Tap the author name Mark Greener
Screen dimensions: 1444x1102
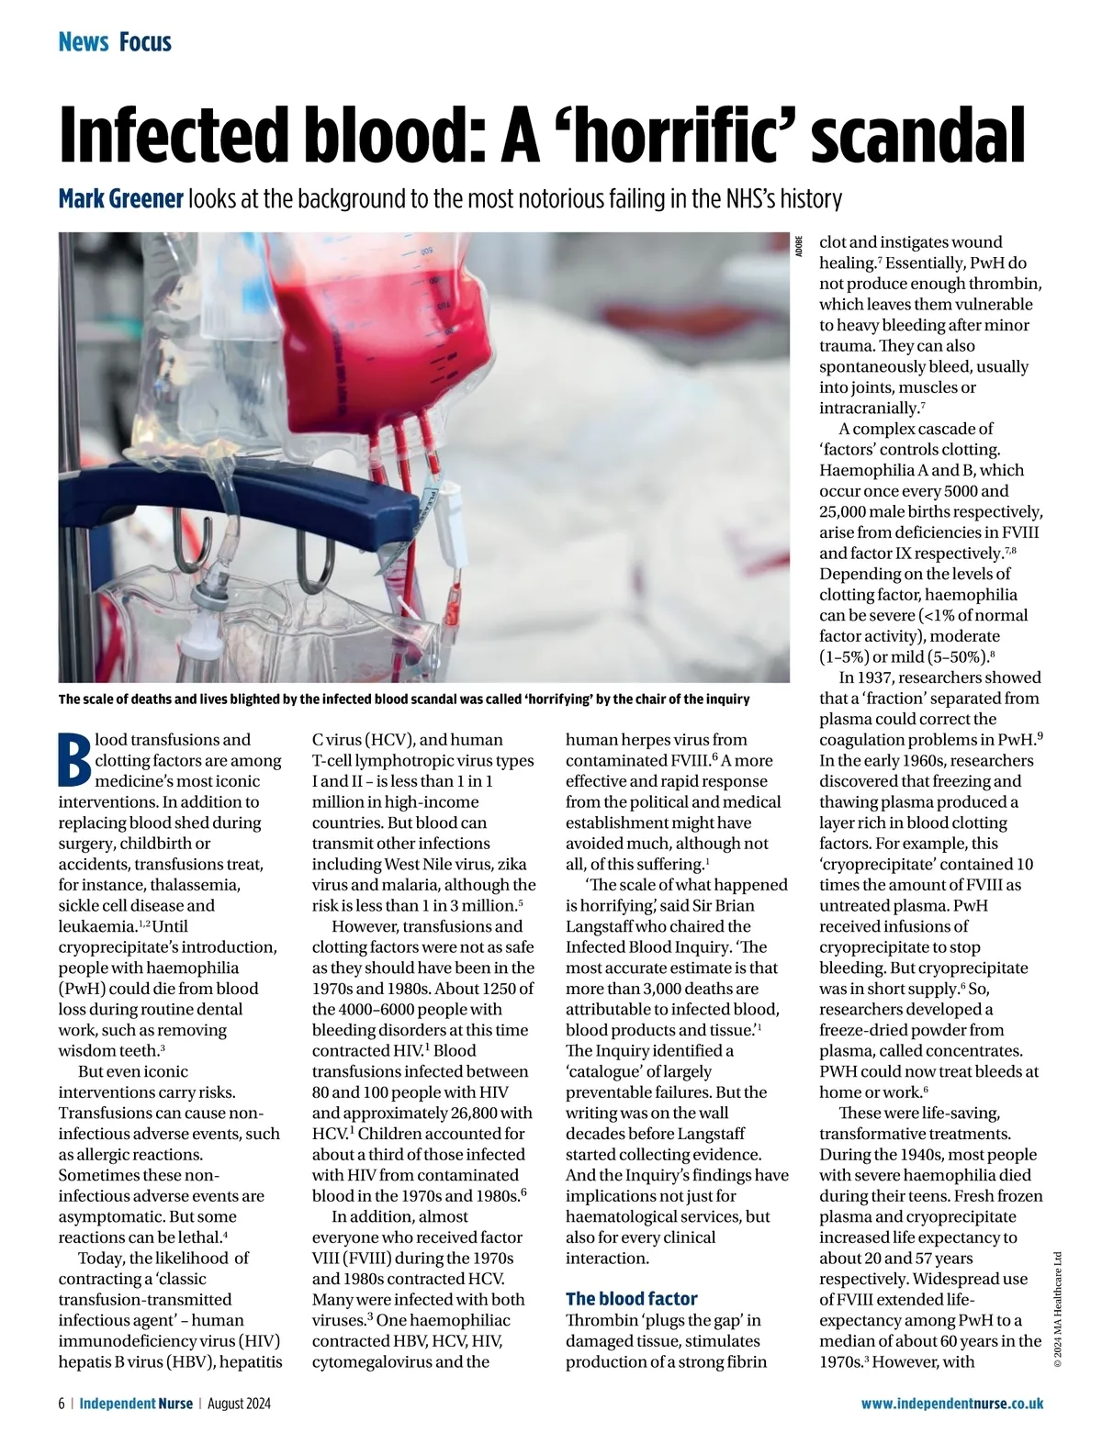[120, 198]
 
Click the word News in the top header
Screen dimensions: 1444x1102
[84, 41]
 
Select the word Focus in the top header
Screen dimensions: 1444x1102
[145, 41]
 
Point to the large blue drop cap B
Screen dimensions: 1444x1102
[74, 760]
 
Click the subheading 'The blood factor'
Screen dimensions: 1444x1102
[631, 1298]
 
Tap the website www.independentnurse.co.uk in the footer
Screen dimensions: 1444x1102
[951, 1404]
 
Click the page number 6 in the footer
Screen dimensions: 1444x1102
[62, 1404]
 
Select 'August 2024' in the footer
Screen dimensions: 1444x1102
[239, 1404]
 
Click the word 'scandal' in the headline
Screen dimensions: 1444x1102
[918, 136]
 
